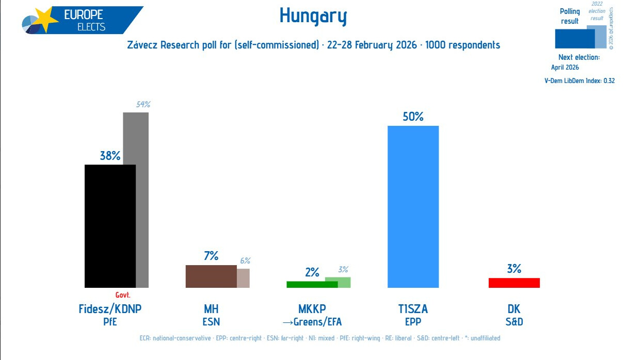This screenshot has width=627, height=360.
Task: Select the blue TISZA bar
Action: [x=413, y=206]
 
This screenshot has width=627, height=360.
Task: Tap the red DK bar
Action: [x=514, y=283]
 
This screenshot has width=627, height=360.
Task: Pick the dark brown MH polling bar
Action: [x=211, y=276]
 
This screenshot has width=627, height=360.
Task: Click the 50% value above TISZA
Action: [x=413, y=117]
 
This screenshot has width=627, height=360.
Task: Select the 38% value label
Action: [x=110, y=155]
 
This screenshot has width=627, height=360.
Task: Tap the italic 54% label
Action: [x=143, y=105]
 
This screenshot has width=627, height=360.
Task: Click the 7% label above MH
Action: [x=211, y=255]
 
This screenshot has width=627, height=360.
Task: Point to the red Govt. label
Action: [x=123, y=295]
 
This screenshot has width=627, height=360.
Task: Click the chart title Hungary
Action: [x=313, y=17]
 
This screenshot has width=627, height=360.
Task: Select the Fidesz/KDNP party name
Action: [x=110, y=309]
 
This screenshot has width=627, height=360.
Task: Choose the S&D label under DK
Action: [x=514, y=322]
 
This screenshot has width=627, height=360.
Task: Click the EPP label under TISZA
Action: [x=413, y=322]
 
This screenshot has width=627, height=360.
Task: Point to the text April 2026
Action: [x=565, y=67]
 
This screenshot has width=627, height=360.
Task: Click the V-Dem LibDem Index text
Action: [x=580, y=80]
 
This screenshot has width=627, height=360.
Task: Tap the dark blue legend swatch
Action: [x=574, y=39]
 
